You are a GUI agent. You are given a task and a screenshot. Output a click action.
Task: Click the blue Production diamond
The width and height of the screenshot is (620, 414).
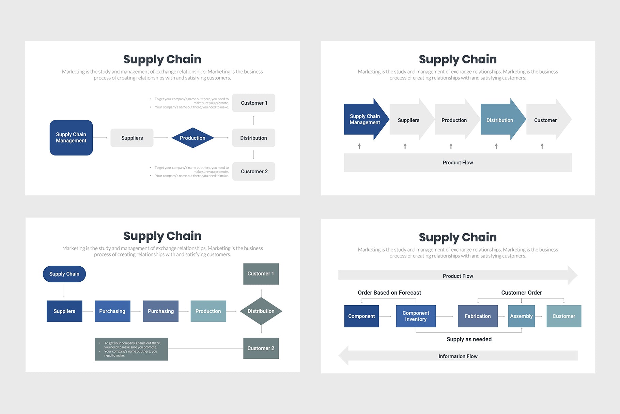click(192, 138)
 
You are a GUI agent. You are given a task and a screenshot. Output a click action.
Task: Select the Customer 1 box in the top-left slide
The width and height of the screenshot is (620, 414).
click(254, 103)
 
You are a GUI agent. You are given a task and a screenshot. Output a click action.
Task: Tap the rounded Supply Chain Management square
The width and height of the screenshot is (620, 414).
click(71, 138)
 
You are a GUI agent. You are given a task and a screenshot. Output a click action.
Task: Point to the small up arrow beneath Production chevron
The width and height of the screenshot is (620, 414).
click(451, 146)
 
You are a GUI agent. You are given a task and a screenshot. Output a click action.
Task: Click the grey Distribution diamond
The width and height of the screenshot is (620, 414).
click(261, 311)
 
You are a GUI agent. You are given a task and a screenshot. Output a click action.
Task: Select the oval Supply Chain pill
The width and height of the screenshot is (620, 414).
click(64, 274)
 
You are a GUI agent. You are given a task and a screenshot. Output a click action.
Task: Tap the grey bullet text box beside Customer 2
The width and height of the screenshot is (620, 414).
click(131, 349)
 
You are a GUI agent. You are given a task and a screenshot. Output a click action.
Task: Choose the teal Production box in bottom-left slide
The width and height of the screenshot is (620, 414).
click(208, 311)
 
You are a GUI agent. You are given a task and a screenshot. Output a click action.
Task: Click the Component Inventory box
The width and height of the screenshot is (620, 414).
click(416, 316)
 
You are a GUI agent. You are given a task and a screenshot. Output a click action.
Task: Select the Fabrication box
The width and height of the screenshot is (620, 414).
click(478, 316)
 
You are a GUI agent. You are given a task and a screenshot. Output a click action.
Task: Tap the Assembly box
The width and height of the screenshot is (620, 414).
click(521, 316)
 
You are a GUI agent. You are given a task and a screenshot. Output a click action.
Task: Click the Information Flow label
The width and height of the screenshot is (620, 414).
click(458, 356)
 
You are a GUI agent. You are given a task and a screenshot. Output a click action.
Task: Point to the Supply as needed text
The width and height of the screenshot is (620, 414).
click(469, 339)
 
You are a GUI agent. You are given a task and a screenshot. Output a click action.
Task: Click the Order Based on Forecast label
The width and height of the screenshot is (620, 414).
click(389, 293)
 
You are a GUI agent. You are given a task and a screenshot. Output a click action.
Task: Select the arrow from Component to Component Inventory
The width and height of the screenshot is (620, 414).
click(386, 316)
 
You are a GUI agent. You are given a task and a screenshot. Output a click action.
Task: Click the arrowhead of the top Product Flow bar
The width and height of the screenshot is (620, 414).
click(573, 276)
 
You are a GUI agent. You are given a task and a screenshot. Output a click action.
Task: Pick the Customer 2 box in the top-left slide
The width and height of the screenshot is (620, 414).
click(254, 172)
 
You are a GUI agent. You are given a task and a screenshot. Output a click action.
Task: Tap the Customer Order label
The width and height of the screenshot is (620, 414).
click(521, 293)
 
